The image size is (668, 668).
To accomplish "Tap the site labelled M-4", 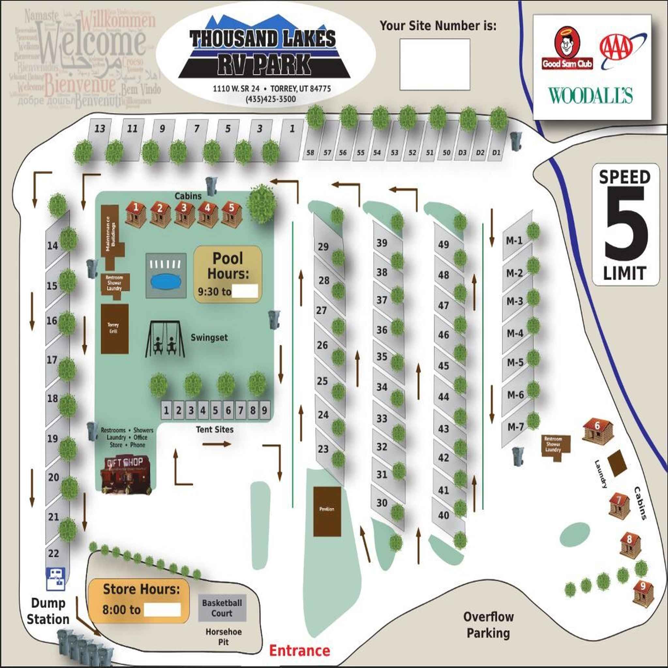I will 515,333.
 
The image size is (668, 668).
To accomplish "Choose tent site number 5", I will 215,410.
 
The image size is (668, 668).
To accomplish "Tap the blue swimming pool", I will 166,281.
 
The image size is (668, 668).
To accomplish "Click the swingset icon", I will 165,339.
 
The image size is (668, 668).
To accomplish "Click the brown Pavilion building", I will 327,511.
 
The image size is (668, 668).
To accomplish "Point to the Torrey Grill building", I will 114,328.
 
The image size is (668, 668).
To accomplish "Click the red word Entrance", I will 299,650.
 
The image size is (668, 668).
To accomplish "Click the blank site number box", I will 434,64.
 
